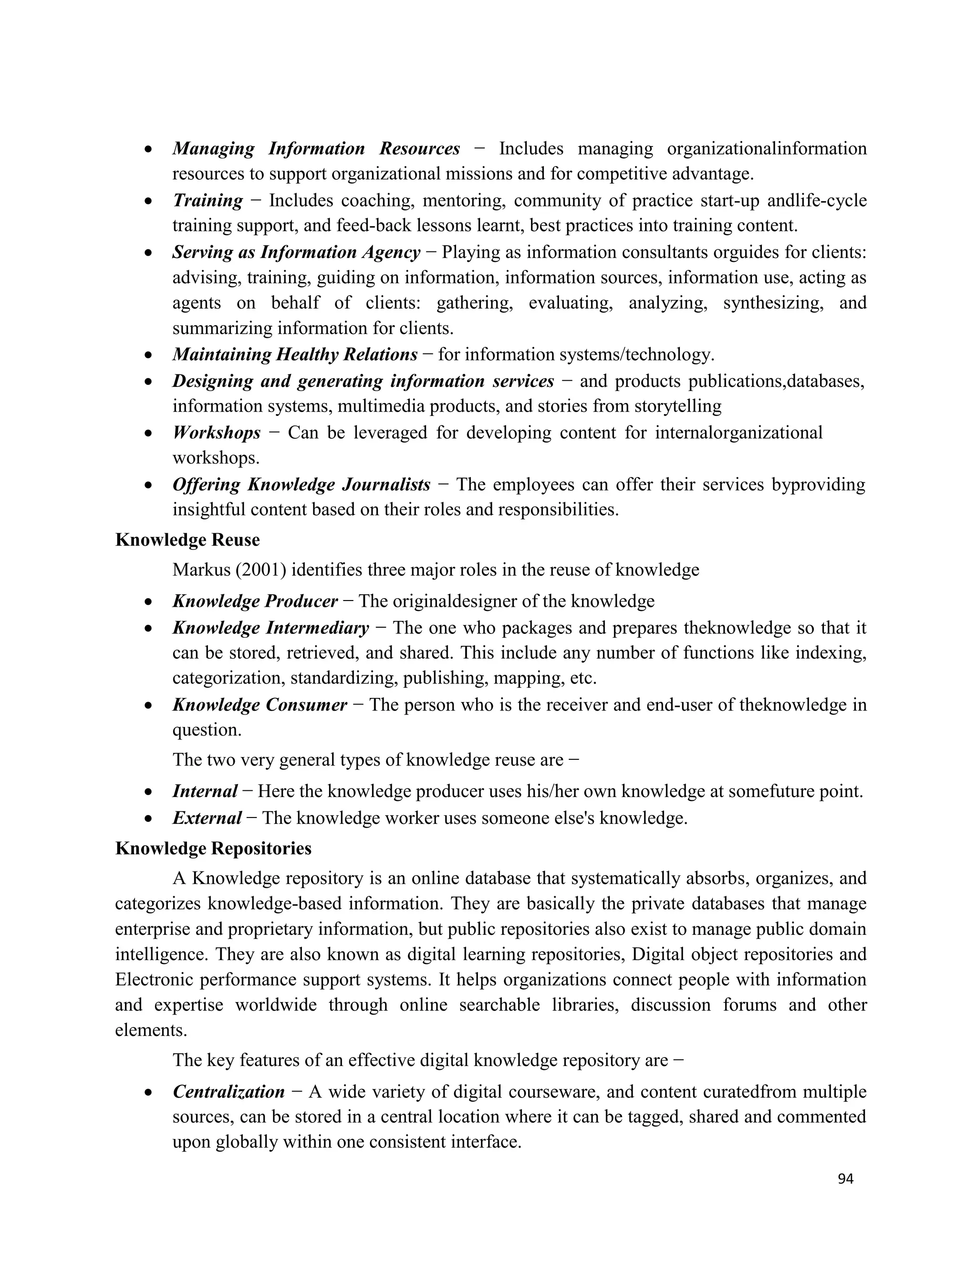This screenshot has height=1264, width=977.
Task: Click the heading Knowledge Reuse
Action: [187, 540]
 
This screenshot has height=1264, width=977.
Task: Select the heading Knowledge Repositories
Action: [213, 849]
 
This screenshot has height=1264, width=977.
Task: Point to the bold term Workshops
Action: [217, 433]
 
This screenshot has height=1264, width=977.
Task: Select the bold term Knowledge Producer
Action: [255, 601]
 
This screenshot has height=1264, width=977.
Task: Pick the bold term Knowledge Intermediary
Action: [270, 628]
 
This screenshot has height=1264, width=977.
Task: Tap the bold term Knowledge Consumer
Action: [260, 705]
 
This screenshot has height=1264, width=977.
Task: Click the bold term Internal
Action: [205, 791]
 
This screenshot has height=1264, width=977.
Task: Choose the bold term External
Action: [207, 818]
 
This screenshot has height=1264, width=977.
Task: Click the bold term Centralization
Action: [229, 1092]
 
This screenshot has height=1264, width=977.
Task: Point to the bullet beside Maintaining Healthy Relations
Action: [149, 355]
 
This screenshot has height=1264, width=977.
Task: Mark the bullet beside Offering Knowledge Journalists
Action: [149, 485]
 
